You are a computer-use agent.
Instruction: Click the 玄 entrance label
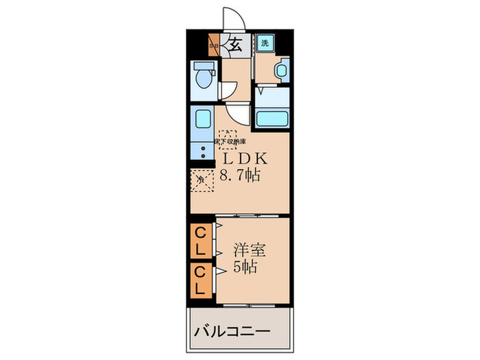point(235,46)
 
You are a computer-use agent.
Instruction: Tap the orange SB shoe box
point(213,46)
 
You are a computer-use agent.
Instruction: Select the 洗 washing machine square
point(265,43)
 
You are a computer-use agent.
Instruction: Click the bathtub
point(272,118)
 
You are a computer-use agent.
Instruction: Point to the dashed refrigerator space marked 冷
point(201,180)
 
